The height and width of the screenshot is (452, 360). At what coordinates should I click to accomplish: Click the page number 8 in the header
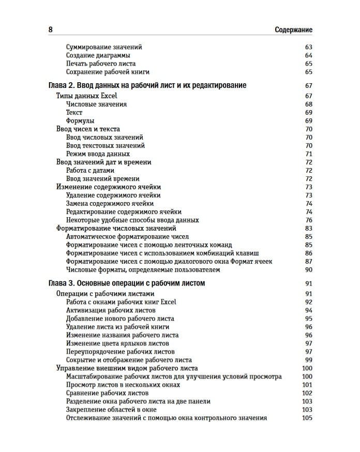[x=51, y=30]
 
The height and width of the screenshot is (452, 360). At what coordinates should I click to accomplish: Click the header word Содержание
[x=293, y=30]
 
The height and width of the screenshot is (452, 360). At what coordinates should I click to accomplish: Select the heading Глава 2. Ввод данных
[x=147, y=85]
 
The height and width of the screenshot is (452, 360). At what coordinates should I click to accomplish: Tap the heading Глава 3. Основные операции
[x=127, y=283]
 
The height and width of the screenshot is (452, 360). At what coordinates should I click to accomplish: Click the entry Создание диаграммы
[x=98, y=55]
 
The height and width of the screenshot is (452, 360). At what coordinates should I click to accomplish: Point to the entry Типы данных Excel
[x=86, y=96]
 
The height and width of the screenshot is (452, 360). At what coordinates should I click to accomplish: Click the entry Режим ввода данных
[x=98, y=154]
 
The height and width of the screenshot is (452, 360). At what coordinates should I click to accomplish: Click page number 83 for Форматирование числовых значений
[x=309, y=228]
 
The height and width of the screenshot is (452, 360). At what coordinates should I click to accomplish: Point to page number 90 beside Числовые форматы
[x=309, y=269]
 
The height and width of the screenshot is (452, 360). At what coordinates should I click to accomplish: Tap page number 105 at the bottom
[x=307, y=418]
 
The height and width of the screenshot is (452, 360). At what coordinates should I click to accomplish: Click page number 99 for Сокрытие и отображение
[x=309, y=360]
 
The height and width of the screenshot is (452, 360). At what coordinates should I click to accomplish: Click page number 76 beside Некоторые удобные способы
[x=309, y=220]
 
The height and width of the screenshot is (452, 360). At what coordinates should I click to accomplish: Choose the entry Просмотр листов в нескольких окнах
[x=123, y=385]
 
